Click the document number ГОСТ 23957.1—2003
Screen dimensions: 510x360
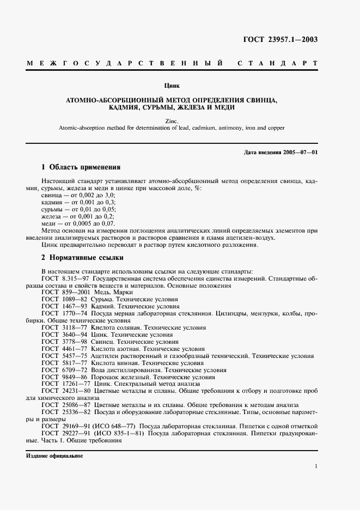tap(280, 39)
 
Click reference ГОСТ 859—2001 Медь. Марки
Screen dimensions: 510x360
tap(87, 293)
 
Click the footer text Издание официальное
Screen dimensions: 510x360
tap(51, 456)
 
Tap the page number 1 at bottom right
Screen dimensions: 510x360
tap(316, 466)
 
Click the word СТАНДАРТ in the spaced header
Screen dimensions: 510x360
tap(277, 64)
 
